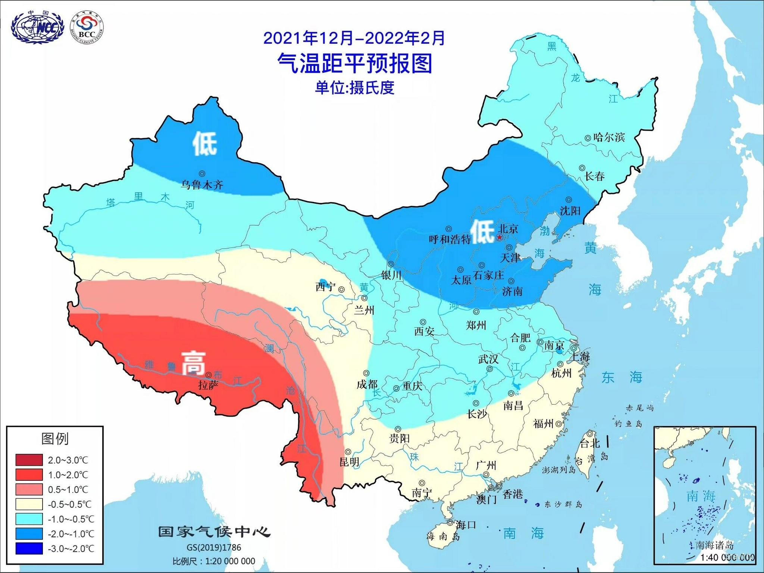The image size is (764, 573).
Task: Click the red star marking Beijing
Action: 500,237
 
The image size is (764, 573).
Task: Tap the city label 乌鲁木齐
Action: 202,185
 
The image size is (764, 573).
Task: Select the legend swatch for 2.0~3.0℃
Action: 29,460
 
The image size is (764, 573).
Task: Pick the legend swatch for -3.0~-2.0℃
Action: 29,548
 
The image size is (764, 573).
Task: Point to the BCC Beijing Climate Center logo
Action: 87,28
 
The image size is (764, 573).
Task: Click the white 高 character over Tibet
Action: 193,363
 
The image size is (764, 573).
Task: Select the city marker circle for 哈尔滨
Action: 587,138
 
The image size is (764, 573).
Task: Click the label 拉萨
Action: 208,385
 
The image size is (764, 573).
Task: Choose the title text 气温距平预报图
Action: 355,63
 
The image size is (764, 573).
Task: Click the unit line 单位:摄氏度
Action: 355,88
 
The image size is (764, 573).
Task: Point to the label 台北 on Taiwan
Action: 590,443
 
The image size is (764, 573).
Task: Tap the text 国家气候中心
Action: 214,532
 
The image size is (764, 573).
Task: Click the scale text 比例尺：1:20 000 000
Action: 214,561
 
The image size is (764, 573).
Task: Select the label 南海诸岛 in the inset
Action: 715,545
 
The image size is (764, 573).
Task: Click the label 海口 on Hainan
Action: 466,525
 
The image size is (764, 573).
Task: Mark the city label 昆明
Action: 350,462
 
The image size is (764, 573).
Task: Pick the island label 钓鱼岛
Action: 629,424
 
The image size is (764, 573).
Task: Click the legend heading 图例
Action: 55,439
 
